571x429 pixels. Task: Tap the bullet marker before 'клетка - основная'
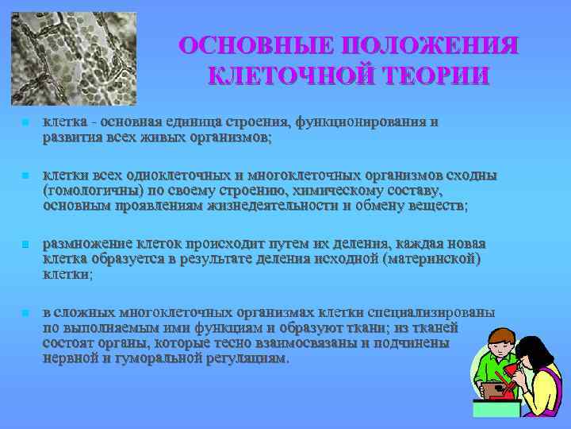25,124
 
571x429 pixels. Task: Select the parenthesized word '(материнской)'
433,260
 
